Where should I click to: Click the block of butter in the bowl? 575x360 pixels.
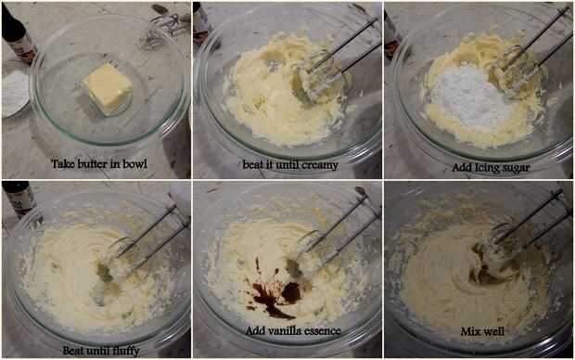(108, 89)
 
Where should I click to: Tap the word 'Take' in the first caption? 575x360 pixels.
(59, 163)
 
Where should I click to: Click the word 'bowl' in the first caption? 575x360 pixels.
(135, 163)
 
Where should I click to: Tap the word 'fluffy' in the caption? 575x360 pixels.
(126, 352)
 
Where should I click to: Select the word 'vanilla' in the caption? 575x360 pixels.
(281, 331)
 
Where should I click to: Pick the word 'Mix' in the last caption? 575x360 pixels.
(468, 331)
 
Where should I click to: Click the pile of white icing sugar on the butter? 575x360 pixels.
(468, 96)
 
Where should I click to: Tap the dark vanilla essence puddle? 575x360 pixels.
(277, 293)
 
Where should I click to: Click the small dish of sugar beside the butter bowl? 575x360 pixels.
(16, 92)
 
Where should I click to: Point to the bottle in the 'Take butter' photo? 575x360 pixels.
(19, 33)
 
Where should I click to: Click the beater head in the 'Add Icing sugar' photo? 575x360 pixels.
(514, 70)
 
